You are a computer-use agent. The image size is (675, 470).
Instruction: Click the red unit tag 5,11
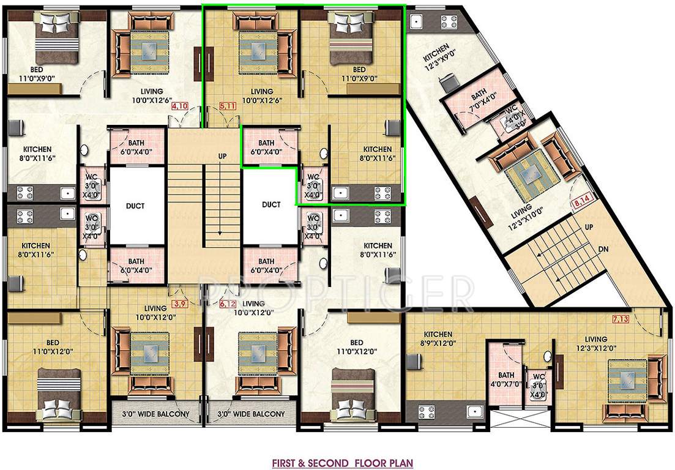(x=227, y=106)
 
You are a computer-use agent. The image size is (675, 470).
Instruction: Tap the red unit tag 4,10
(x=180, y=106)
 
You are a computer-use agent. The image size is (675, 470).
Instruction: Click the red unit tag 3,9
(x=180, y=304)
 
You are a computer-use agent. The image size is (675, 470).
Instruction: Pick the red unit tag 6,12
(x=227, y=304)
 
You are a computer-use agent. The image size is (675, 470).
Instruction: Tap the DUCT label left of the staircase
(x=135, y=206)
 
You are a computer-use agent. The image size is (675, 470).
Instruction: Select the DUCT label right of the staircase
(x=270, y=204)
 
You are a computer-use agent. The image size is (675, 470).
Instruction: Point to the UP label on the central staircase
(x=222, y=157)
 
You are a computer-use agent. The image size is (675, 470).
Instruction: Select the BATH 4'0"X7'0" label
(x=505, y=379)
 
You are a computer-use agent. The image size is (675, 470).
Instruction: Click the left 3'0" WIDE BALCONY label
(x=157, y=414)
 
